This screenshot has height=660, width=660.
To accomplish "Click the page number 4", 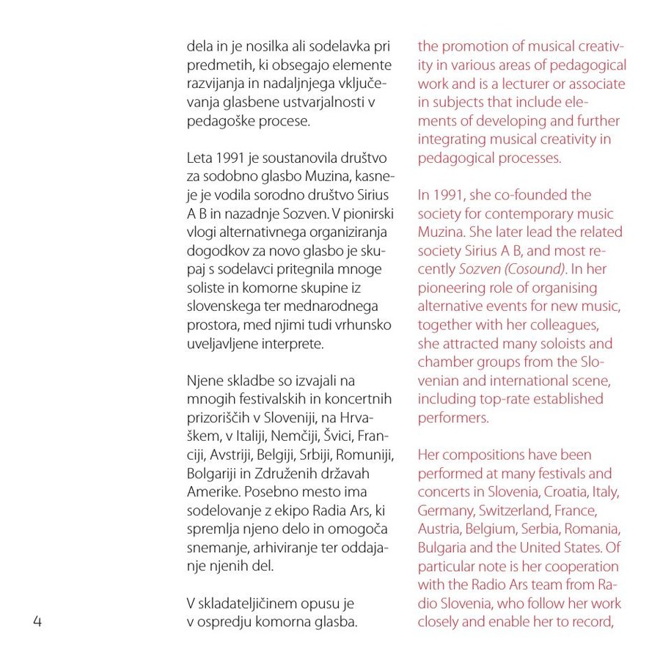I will click(x=37, y=623).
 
